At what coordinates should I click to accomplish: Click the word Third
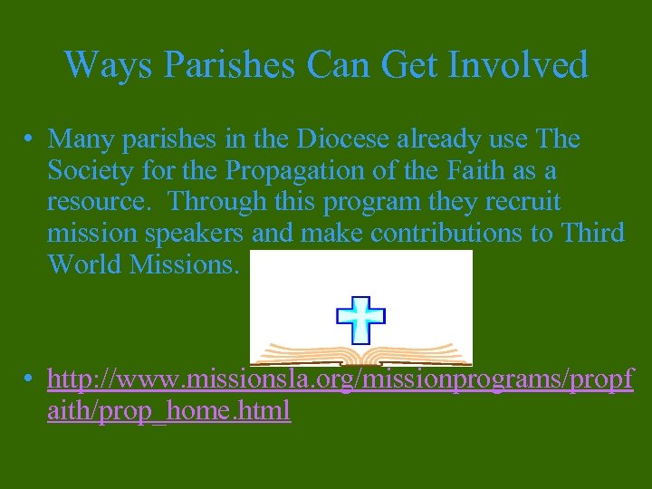592,234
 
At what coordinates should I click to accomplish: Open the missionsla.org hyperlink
340,380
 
